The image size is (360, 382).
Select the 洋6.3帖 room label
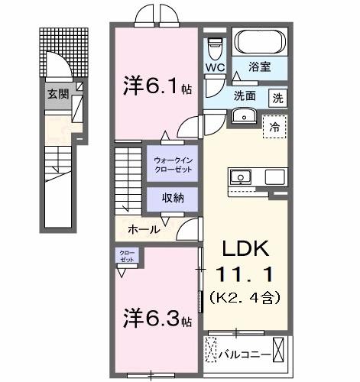(x=157, y=316)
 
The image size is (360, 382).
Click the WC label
(x=214, y=67)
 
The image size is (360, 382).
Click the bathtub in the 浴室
(x=259, y=41)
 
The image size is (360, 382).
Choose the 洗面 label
(x=245, y=96)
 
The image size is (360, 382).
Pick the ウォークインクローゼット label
(x=173, y=163)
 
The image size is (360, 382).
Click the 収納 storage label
(x=173, y=197)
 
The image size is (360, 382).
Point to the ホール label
(x=144, y=228)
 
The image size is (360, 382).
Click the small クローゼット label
(x=125, y=255)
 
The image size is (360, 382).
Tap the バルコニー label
(x=242, y=354)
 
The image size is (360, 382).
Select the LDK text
(x=244, y=250)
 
